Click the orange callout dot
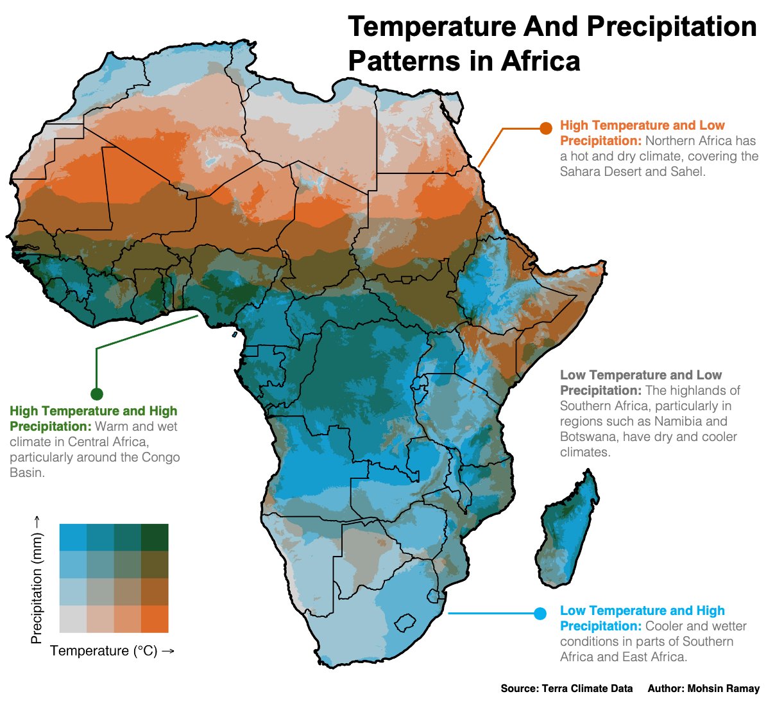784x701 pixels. coord(546,128)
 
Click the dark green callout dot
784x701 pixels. coord(97,394)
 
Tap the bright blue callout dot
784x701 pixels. coord(540,614)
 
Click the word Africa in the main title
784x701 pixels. coord(540,62)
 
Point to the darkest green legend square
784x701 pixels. coord(155,537)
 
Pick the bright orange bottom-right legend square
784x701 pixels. coord(155,619)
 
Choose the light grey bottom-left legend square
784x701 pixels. coord(72,619)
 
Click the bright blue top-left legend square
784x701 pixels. coord(72,537)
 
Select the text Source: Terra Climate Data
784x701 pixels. coord(567,688)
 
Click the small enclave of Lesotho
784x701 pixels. coord(406,623)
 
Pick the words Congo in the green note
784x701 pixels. coord(160,457)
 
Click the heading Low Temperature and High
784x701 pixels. coord(642,610)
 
